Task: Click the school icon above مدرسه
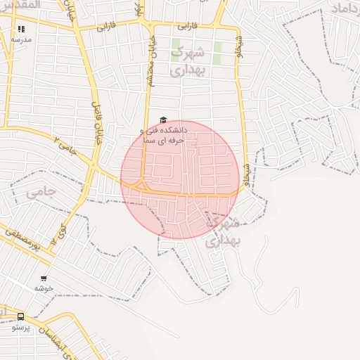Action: (21, 30)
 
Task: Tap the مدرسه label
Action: (21, 40)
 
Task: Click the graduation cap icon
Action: (163, 120)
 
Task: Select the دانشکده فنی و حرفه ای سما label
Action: (162, 135)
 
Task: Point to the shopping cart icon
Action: (44, 278)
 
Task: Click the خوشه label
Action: (44, 288)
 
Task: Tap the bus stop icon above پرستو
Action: (20, 316)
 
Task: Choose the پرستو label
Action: (21, 327)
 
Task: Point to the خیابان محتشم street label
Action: (150, 64)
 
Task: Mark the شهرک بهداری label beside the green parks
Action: (187, 60)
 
